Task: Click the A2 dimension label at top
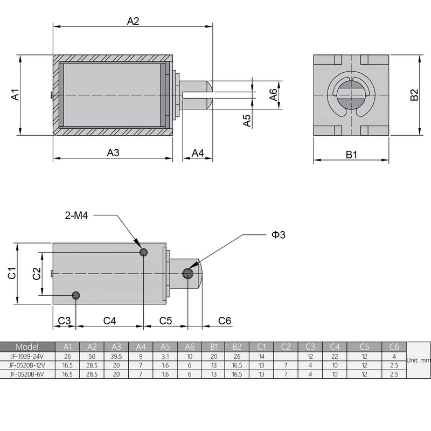[x=133, y=21]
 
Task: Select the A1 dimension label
[x=16, y=95]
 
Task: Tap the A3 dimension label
[x=113, y=152]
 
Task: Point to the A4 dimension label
[x=198, y=153]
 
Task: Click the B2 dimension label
[x=414, y=95]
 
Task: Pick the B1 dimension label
[x=351, y=155]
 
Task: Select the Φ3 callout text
[x=278, y=234]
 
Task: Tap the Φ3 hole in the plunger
[x=187, y=274]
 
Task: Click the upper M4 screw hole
[x=143, y=252]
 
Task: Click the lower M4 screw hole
[x=76, y=295]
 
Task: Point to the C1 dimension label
[x=12, y=273]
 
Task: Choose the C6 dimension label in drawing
[x=225, y=321]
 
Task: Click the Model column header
[x=27, y=346]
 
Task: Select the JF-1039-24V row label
[x=27, y=356]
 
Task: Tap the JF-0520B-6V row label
[x=27, y=374]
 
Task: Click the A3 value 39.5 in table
[x=116, y=356]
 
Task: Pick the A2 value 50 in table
[x=92, y=356]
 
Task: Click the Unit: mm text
[x=419, y=360]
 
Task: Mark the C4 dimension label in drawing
[x=109, y=321]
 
